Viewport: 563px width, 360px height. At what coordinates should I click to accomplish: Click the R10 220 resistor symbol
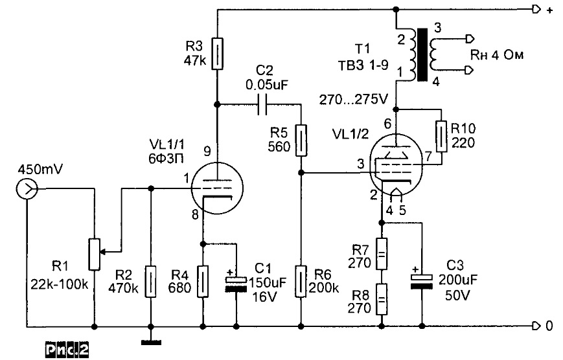point(443,135)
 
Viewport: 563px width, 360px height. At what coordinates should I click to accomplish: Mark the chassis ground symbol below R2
point(150,340)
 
